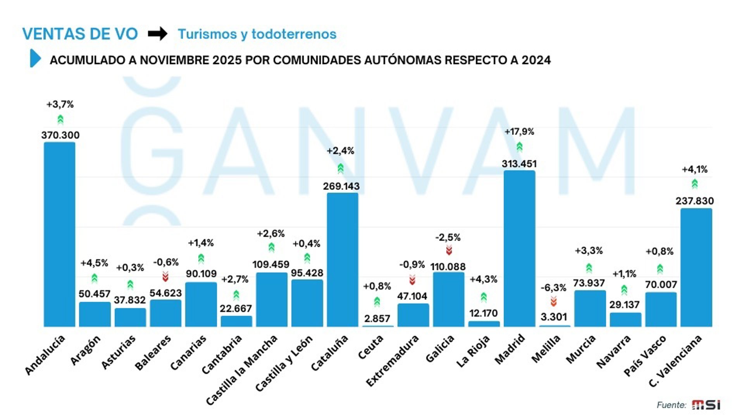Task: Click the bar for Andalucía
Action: [59, 234]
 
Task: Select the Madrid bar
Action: [519, 248]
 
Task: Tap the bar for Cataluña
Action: [342, 259]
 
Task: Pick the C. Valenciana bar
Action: [696, 267]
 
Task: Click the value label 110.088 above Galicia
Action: [448, 267]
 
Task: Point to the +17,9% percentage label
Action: [519, 132]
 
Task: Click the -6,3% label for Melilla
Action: [553, 288]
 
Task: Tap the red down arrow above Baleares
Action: [165, 276]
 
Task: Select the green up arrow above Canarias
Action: [201, 258]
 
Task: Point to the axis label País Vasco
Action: [645, 355]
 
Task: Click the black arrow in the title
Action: [157, 34]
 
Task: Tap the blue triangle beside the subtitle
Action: [35, 58]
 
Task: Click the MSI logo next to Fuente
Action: [706, 405]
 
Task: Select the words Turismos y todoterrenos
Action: [257, 34]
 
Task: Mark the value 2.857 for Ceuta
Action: [377, 319]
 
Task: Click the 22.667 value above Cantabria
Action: [236, 308]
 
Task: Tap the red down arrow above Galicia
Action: [449, 250]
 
